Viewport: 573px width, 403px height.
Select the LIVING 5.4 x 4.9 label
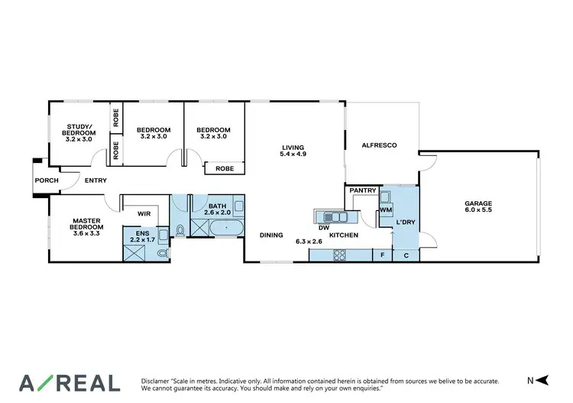click(293, 151)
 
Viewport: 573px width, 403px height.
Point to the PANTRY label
click(362, 190)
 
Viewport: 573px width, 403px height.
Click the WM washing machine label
click(386, 209)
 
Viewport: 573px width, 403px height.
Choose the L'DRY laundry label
click(405, 222)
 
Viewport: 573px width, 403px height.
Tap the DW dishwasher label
click(323, 227)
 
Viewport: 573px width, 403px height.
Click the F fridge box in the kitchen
click(382, 255)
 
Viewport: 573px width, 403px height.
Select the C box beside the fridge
click(406, 255)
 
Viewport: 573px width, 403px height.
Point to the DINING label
click(271, 236)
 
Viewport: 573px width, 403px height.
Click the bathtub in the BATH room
click(226, 229)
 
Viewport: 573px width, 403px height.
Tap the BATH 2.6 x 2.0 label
click(218, 209)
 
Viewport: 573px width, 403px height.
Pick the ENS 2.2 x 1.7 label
click(141, 236)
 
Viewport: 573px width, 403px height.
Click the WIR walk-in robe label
click(142, 214)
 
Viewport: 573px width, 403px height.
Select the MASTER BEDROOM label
click(86, 223)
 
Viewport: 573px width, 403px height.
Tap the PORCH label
click(46, 180)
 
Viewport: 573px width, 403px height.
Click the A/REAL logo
click(70, 382)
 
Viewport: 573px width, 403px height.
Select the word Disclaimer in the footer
click(158, 380)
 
